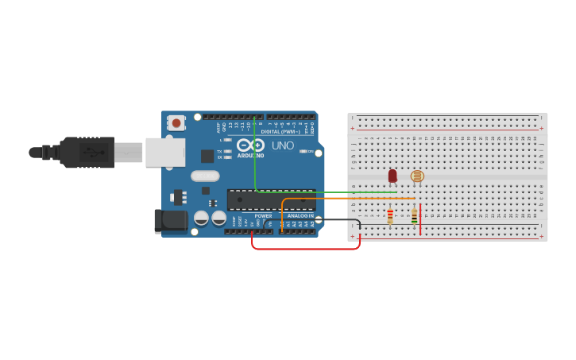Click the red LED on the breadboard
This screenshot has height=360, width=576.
pos(392,176)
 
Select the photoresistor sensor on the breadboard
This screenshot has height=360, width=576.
pos(416,176)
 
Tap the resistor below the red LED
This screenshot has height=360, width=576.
pos(389,215)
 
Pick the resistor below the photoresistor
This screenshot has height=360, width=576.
pos(414,215)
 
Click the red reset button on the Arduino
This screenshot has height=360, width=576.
pos(176,122)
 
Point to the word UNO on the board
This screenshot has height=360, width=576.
pos(283,146)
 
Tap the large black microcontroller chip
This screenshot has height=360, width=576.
pos(270,199)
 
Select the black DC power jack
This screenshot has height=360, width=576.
pos(170,221)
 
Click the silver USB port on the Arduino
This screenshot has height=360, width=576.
pos(164,152)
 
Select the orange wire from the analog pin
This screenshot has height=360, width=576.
pos(350,199)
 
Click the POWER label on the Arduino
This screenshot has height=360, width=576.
pos(263,215)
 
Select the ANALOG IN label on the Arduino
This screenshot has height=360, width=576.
pos(300,215)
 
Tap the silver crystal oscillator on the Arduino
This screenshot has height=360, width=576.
pos(204,176)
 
